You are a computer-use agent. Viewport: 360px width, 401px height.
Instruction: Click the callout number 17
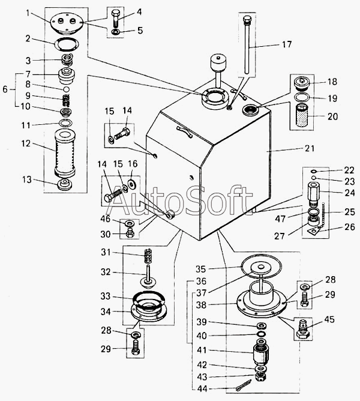pos(287,44)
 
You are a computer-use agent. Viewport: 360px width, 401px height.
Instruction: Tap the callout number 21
pos(310,148)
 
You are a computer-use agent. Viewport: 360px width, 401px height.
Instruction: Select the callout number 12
pos(26,143)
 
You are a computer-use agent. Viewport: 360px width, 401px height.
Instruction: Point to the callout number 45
pos(329,320)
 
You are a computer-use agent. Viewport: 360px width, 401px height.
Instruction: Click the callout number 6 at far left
pos(5,89)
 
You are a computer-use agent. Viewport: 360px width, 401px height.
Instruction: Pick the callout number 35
pos(201,269)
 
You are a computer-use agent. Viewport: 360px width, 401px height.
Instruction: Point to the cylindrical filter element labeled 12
pos(65,152)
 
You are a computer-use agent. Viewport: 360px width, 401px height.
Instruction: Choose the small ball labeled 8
pos(66,89)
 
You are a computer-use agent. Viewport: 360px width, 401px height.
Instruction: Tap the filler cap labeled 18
pos(302,83)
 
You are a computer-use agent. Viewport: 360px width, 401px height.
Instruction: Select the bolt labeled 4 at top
pos(115,19)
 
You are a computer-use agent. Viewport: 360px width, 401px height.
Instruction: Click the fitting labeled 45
pos(302,329)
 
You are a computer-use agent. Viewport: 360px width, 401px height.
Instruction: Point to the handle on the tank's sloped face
pos(185,131)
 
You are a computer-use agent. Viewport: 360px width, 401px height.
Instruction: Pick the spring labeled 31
pos(147,256)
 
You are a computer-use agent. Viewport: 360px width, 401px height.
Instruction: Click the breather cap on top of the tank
pos(218,62)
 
